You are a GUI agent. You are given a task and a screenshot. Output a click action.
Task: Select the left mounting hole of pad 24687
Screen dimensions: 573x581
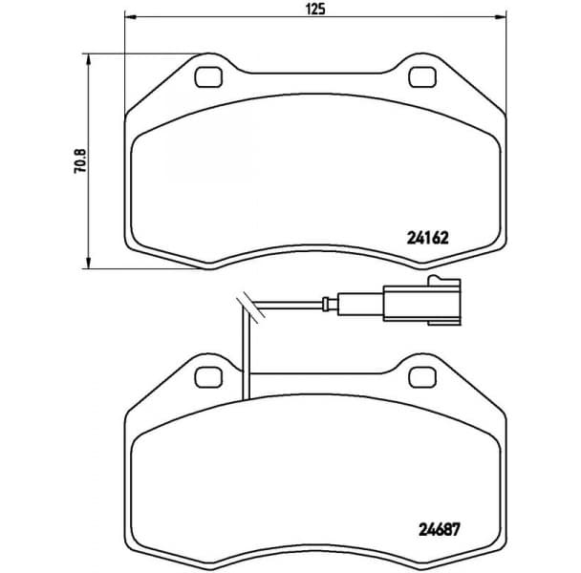[206, 378]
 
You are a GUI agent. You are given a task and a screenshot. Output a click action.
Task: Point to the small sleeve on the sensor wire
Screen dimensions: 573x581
[330, 306]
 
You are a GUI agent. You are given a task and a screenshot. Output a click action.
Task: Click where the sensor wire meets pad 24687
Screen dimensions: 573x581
[245, 396]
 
